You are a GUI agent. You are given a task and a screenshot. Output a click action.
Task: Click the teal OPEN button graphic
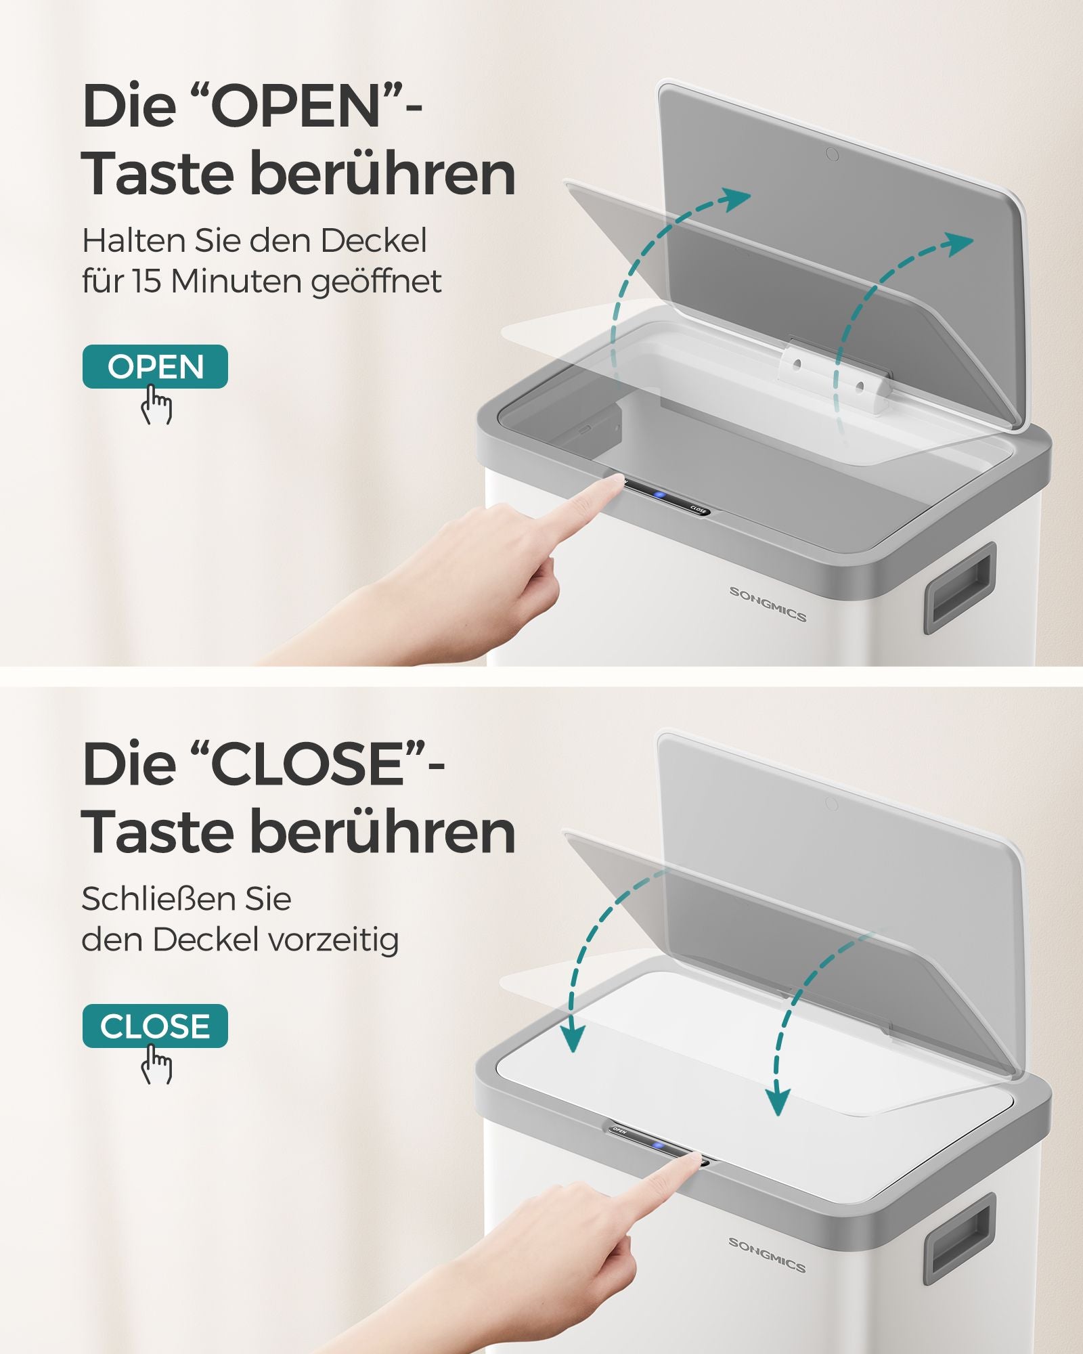click(155, 366)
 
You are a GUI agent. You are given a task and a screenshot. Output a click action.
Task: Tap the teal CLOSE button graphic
click(155, 1026)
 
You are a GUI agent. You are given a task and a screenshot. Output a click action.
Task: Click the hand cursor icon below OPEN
click(156, 405)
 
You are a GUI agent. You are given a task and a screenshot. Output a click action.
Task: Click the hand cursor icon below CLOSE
click(156, 1064)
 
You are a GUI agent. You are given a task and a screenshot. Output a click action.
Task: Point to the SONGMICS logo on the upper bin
click(768, 604)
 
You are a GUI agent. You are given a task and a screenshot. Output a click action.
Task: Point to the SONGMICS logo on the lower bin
click(767, 1254)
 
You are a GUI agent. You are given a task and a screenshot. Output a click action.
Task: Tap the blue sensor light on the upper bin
click(659, 495)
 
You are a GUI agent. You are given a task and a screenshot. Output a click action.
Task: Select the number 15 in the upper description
click(148, 281)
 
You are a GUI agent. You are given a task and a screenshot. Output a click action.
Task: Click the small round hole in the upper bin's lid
click(833, 154)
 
